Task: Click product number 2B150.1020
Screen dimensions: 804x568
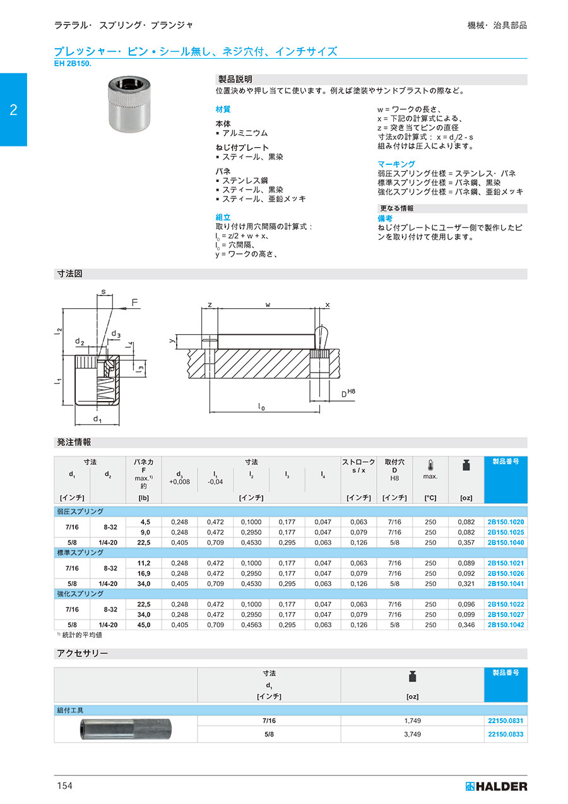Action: pos(506,522)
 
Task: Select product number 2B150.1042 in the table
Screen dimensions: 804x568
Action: pos(506,625)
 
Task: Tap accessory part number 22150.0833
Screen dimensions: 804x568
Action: pos(506,735)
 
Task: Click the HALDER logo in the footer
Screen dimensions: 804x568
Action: pos(496,786)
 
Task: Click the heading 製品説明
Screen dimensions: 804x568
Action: pos(235,80)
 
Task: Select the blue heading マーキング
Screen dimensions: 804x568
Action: pos(396,164)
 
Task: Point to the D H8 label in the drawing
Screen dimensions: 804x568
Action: pos(348,393)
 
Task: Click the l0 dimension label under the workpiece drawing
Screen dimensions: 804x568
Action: pos(261,407)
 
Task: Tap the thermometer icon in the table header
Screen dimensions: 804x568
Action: pos(430,465)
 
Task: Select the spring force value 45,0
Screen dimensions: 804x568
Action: pos(144,625)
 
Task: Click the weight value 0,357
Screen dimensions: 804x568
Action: pos(466,543)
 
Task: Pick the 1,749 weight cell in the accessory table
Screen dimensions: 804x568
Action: pos(412,721)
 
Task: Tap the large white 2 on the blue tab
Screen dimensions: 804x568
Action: pos(13,109)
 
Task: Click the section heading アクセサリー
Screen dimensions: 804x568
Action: pos(82,654)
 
